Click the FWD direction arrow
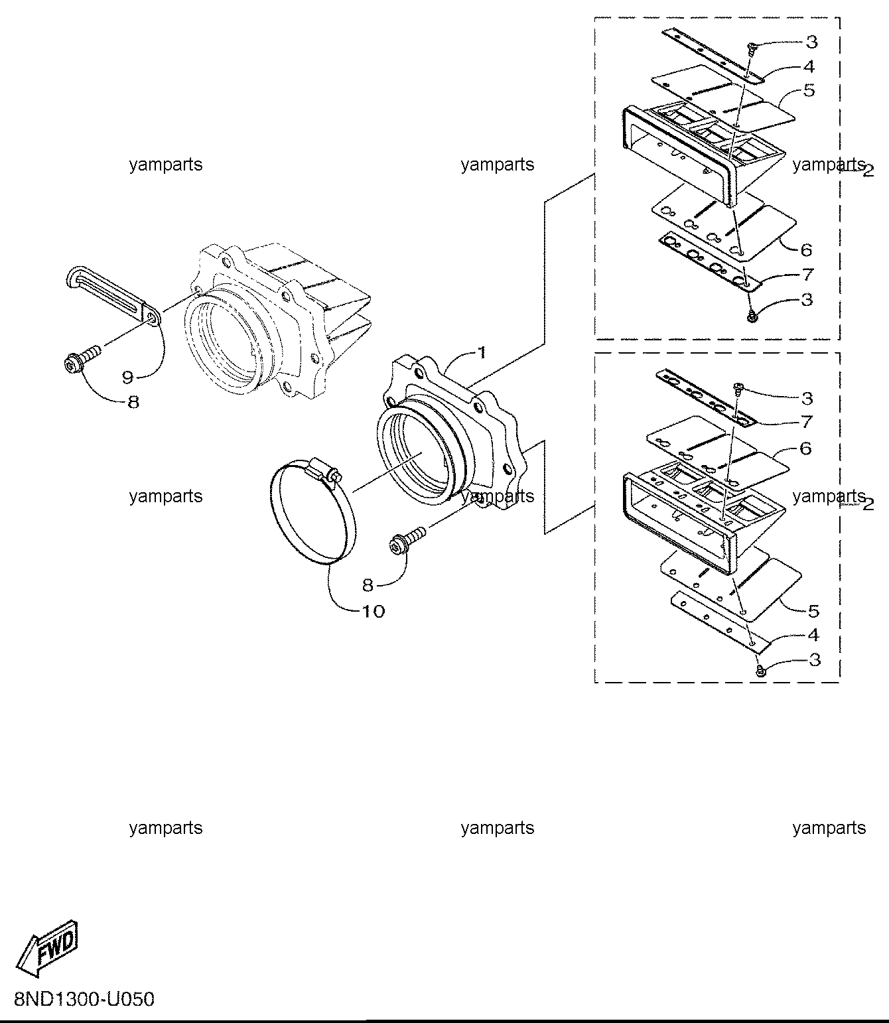coord(48,947)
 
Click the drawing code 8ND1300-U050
coord(84,999)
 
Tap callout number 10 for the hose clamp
coord(373,611)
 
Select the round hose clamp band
coord(313,515)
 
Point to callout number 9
coord(127,377)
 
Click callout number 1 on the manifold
coord(482,353)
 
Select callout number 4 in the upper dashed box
coord(809,66)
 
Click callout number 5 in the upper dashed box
coord(809,90)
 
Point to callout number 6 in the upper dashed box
coord(806,249)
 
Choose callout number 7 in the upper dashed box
coord(807,275)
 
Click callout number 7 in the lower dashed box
coord(807,422)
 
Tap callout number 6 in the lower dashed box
coord(805,448)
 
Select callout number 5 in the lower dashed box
coord(813,611)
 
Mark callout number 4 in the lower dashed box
coord(813,635)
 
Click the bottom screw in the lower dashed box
coord(760,671)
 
